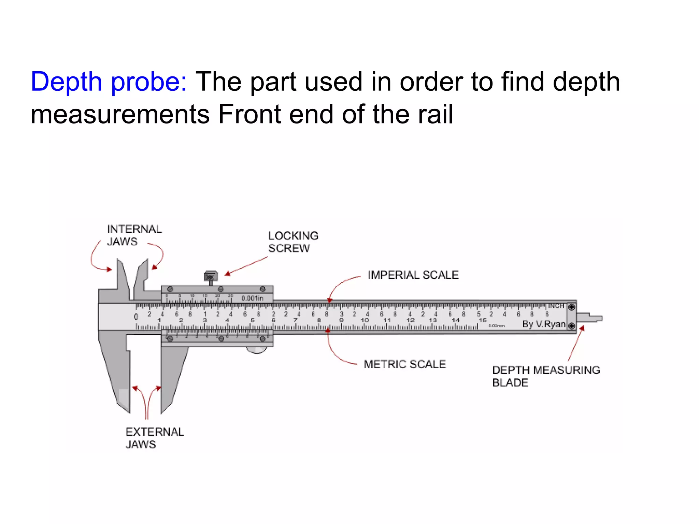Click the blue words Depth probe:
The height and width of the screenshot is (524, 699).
pyautogui.click(x=109, y=82)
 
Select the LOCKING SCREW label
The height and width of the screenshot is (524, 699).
pyautogui.click(x=293, y=242)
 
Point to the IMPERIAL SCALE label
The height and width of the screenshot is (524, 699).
pyautogui.click(x=413, y=275)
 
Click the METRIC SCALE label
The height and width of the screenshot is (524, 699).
pyautogui.click(x=405, y=364)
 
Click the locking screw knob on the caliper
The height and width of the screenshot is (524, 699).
pyautogui.click(x=211, y=276)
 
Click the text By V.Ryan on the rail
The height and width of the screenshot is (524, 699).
pyautogui.click(x=543, y=324)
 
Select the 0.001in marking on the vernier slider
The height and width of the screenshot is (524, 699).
pyautogui.click(x=252, y=298)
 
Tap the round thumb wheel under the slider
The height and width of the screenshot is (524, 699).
pyautogui.click(x=257, y=350)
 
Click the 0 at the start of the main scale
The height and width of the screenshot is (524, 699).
pyautogui.click(x=136, y=317)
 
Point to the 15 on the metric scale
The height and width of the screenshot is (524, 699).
pyautogui.click(x=482, y=320)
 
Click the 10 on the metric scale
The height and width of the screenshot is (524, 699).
pyautogui.click(x=365, y=320)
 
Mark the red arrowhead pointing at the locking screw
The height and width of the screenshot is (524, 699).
pyautogui.click(x=228, y=274)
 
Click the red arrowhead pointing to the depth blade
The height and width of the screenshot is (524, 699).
pyautogui.click(x=582, y=329)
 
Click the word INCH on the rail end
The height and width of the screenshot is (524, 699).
pyautogui.click(x=556, y=306)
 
